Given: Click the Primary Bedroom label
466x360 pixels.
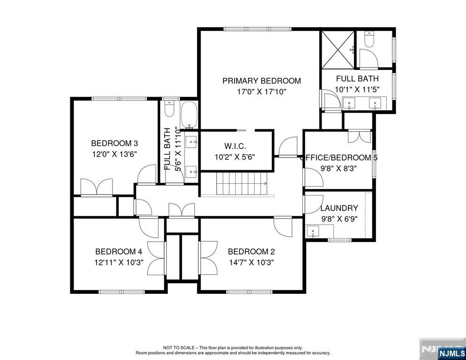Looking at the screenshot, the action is (262, 81).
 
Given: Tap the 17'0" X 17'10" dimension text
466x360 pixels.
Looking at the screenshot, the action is (262, 91).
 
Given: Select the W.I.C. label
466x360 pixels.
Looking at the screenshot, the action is (235, 146).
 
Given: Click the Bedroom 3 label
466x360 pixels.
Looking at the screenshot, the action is (114, 143).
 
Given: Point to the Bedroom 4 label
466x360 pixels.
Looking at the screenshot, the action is (119, 252).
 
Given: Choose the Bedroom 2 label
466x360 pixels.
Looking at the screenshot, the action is (251, 252).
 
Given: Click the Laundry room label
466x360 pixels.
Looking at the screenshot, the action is (339, 208).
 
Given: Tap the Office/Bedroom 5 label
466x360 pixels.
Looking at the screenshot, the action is (339, 157).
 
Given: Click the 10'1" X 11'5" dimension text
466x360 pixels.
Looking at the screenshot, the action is (357, 89).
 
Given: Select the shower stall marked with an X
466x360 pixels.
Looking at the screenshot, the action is (338, 49).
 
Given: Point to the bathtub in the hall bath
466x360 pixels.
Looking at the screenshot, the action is (188, 115).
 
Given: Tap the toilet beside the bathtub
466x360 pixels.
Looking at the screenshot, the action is (169, 109).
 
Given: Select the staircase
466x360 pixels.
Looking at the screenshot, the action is (241, 184).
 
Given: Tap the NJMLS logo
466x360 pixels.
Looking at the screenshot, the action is (451, 353).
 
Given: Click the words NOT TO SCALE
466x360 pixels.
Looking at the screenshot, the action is (179, 347).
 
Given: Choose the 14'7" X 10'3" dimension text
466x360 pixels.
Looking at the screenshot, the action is (251, 262).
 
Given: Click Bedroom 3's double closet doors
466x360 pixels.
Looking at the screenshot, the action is (97, 187).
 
